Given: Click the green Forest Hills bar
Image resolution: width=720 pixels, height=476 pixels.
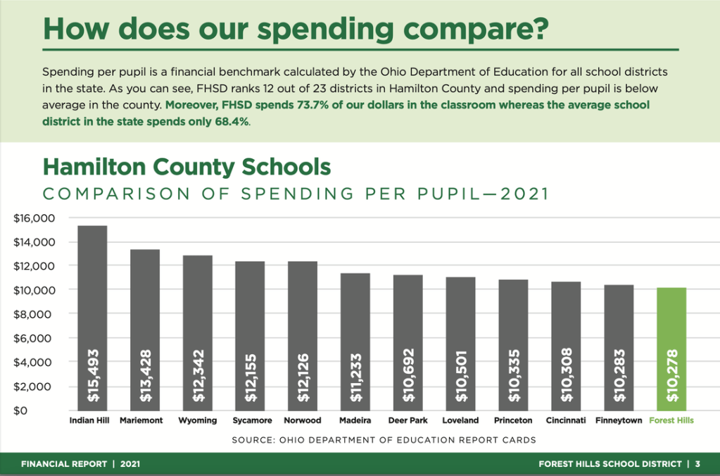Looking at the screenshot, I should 671,349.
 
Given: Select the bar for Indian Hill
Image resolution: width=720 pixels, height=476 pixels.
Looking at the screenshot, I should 92,317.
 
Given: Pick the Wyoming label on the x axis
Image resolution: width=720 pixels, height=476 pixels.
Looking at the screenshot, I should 197,420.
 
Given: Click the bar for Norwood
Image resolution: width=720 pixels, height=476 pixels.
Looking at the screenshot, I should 303,334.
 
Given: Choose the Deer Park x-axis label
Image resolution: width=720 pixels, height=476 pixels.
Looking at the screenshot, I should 408,420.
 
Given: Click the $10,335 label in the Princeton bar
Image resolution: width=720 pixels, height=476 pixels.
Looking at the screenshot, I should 514,377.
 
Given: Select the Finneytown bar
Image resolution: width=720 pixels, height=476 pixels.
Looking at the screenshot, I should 619,345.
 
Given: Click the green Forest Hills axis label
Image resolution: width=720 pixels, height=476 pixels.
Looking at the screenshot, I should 671,420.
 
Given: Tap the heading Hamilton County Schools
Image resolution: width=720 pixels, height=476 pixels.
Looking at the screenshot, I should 186,167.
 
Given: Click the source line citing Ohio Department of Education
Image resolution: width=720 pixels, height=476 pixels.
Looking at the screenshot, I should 384,440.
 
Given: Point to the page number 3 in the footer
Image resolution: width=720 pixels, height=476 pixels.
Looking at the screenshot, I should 697,464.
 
